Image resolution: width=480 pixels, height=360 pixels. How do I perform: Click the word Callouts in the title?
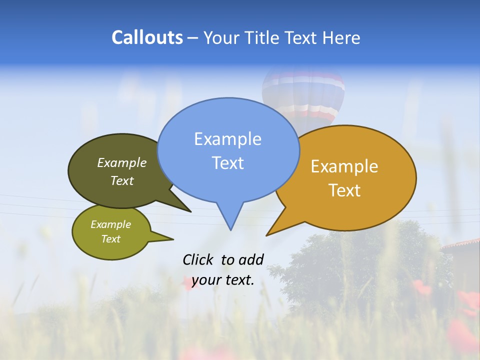[x=147, y=37]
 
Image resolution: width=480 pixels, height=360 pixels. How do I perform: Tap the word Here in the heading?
[x=340, y=38]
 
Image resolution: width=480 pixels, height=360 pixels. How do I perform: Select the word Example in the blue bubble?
[x=227, y=139]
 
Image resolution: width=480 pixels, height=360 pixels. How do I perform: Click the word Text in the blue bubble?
[x=227, y=163]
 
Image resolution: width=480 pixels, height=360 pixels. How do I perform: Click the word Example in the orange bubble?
[x=344, y=166]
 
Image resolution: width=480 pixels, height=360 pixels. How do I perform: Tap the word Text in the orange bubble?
[x=344, y=190]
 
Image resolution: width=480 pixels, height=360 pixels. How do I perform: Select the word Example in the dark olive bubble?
[x=122, y=163]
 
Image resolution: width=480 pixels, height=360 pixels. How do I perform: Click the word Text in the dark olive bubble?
[x=122, y=180]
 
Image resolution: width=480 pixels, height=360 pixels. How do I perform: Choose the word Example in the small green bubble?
[x=110, y=224]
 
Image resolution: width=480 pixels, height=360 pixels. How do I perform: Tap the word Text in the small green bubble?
[x=110, y=239]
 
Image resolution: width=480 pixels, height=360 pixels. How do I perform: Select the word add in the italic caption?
[x=250, y=259]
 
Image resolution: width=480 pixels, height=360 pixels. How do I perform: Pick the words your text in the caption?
[x=223, y=280]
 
